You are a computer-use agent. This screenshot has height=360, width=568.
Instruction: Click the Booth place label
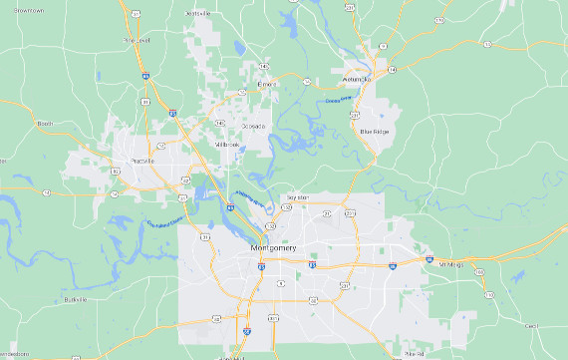(45, 123)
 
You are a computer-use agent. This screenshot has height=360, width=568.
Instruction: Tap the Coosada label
(254, 127)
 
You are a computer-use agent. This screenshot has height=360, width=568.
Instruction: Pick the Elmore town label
(266, 85)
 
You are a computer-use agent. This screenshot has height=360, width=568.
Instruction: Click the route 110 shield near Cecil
(486, 296)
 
